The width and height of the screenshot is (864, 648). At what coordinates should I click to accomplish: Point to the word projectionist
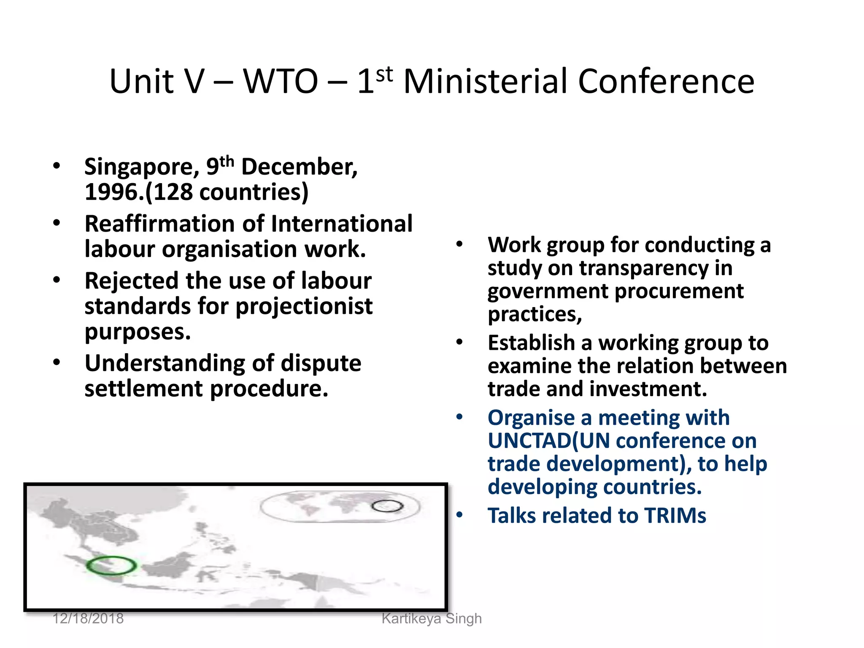304,307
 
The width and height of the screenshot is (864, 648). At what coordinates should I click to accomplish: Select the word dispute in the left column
321,363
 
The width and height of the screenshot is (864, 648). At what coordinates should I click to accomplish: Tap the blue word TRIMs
675,516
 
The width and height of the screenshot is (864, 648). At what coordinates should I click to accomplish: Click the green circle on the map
111,565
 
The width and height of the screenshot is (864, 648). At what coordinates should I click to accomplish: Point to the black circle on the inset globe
387,506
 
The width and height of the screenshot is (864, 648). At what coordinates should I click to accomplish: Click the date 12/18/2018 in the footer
88,618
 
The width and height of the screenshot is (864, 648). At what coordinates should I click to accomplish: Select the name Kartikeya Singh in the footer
431,618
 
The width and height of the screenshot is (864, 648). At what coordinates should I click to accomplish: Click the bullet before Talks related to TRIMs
459,515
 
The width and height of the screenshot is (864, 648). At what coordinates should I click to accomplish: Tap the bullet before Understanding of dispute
57,363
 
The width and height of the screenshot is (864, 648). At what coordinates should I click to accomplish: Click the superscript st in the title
384,74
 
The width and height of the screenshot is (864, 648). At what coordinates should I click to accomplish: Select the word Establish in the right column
531,343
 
